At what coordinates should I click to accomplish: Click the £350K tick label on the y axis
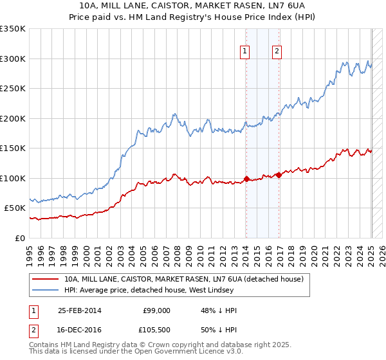point(12,29)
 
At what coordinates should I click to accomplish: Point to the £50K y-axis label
point(14,208)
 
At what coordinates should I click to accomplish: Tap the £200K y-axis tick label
point(12,118)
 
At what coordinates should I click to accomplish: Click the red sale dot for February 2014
point(246,179)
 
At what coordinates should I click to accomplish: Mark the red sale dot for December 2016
point(279,175)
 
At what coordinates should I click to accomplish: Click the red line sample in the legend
point(45,279)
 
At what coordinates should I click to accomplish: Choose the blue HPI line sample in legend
point(45,290)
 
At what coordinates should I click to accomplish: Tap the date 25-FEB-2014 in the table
point(80,310)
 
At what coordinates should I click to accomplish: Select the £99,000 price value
point(157,310)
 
